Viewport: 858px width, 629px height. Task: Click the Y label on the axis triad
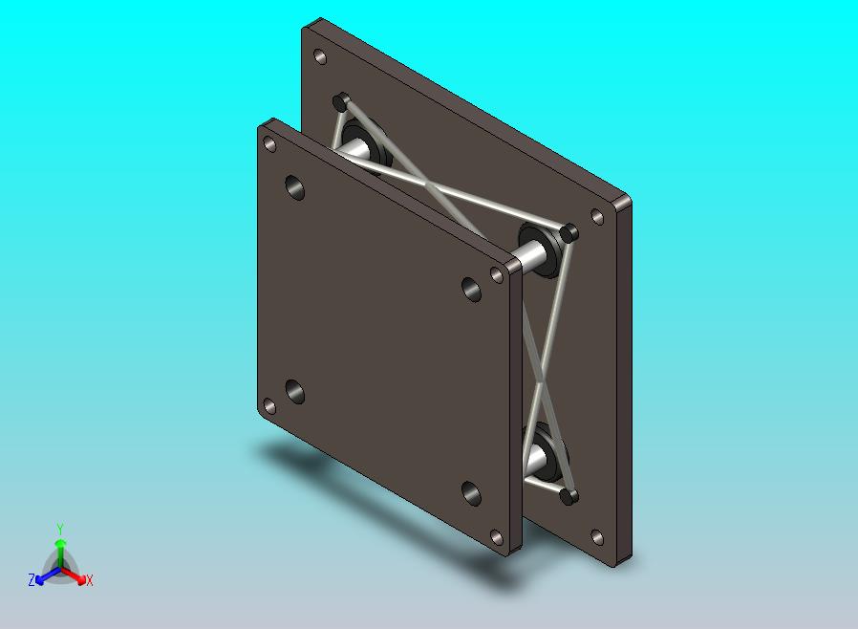(60, 529)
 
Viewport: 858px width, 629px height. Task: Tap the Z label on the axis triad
(32, 580)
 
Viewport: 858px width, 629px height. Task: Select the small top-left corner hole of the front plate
(269, 144)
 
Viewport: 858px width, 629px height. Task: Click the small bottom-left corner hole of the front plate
(269, 406)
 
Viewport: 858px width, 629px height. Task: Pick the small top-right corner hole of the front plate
(497, 274)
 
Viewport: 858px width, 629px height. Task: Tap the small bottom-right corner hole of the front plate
(497, 537)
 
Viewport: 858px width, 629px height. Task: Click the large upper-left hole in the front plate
(295, 187)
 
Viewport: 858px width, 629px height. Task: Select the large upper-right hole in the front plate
(471, 290)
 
